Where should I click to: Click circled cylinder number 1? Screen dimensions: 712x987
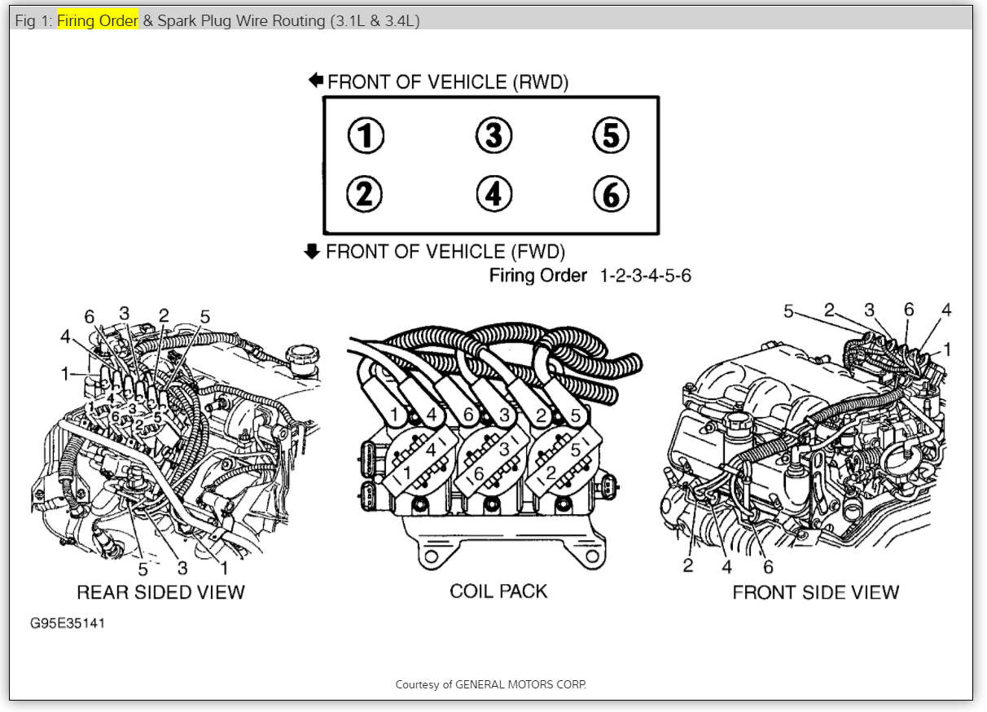click(366, 135)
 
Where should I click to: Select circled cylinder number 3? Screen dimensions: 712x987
click(493, 135)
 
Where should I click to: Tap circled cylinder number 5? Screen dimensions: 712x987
click(611, 135)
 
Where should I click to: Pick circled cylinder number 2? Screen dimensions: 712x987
click(364, 194)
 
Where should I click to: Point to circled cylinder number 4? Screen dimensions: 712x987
click(493, 194)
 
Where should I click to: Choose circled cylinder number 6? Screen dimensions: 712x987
click(611, 194)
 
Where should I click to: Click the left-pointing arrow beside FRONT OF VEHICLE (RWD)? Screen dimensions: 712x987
click(316, 81)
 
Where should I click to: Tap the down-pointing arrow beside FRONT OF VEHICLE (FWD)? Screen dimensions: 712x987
click(312, 251)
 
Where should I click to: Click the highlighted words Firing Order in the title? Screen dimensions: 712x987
click(97, 21)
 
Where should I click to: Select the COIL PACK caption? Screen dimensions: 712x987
click(498, 591)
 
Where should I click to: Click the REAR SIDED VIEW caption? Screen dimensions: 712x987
click(160, 592)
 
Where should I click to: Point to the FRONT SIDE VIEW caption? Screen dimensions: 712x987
click(816, 592)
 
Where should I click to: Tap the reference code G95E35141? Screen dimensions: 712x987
click(68, 623)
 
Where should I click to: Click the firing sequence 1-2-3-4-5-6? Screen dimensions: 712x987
click(645, 275)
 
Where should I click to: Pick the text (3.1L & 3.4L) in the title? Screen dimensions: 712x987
click(375, 21)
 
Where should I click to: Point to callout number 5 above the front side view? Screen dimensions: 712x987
click(788, 310)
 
